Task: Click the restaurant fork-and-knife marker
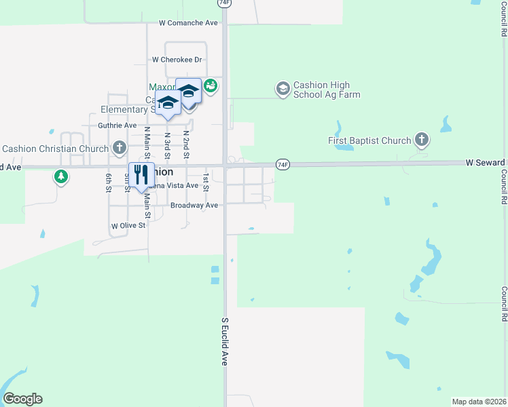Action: coord(141,175)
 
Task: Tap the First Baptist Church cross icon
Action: coord(421,140)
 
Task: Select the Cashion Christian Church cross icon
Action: coord(120,148)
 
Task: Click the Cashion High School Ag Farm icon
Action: coord(283,88)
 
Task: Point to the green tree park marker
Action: coord(61,177)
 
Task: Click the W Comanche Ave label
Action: coord(188,22)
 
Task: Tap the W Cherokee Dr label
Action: coord(177,60)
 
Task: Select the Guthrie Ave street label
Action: coord(117,125)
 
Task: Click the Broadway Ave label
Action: coord(194,205)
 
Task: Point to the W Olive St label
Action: coord(128,225)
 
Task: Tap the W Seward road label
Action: coord(486,163)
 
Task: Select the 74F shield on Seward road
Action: coord(283,164)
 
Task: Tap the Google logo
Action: coord(22,399)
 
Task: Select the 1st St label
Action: coord(206,182)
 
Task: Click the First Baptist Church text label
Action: coord(369,140)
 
